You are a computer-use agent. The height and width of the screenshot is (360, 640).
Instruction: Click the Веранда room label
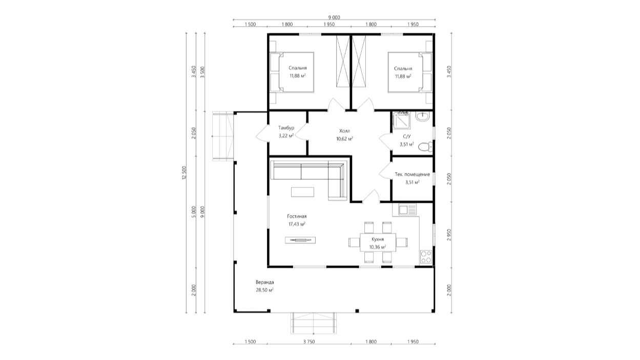coord(264,282)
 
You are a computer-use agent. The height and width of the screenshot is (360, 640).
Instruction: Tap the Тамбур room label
coord(286,128)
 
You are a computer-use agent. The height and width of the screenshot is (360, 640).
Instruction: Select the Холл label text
coord(344,131)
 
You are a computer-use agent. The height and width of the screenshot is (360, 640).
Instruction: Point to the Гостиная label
coord(297,217)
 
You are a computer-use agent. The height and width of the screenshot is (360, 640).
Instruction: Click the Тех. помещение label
coord(412,175)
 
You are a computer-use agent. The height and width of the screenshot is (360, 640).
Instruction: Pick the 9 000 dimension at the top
coord(334,17)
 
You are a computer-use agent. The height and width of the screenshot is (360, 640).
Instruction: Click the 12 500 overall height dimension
coord(184,173)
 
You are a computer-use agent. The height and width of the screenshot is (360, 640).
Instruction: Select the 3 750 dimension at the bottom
coord(309,342)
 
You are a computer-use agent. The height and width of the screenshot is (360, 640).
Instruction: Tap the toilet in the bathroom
coord(425,147)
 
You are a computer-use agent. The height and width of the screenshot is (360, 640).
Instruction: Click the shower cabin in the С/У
coord(401,121)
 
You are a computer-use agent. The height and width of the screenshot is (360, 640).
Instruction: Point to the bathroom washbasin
coord(422,116)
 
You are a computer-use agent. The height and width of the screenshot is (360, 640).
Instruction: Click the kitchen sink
coord(404,210)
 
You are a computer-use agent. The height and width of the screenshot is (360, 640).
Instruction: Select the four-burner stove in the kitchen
coord(426,257)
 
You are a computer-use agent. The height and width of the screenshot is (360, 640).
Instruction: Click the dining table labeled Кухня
coord(378,242)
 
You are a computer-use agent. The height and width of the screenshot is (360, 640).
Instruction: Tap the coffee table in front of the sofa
coord(302,192)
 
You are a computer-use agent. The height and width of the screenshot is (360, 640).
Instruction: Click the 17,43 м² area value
coord(297,224)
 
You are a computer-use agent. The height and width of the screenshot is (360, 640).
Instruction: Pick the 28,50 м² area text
coord(264,290)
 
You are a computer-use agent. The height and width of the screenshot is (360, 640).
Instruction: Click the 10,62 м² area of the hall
coord(344,139)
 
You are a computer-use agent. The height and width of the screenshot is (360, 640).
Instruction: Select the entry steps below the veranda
coord(314,323)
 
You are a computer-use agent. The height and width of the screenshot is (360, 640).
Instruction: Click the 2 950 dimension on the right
coord(449,235)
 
